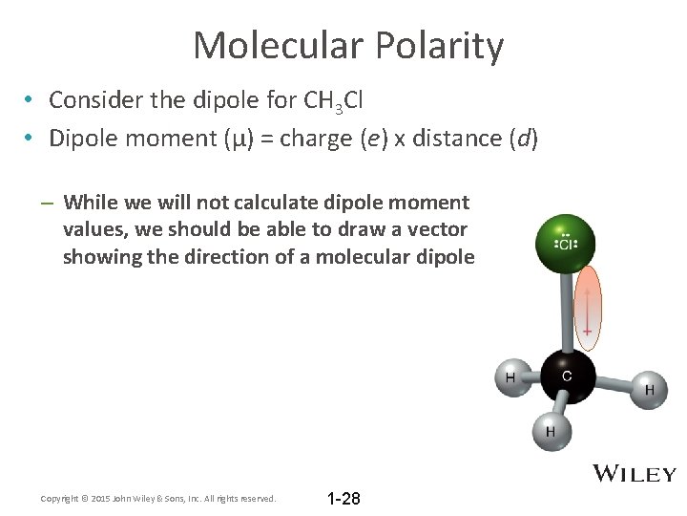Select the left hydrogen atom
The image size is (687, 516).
click(510, 378)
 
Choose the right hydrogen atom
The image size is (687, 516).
click(649, 388)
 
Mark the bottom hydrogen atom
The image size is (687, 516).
click(550, 431)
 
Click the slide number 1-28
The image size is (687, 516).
click(343, 499)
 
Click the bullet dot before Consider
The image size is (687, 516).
click(31, 99)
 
